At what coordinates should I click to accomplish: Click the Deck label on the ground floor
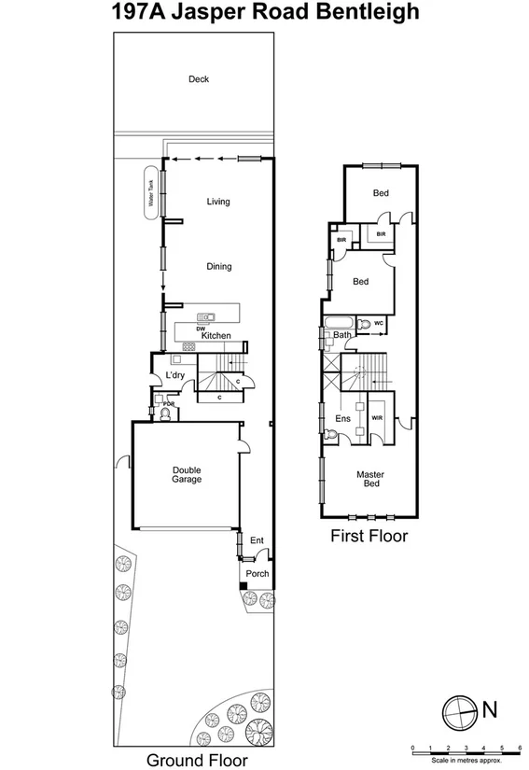coord(198,79)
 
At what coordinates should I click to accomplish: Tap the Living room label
coord(218,202)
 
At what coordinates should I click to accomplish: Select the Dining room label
coord(219,267)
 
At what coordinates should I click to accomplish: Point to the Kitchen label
coord(216,336)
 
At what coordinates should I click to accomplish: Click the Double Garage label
coord(186,475)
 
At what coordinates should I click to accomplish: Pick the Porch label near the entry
coord(257,574)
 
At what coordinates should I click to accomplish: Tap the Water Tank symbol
coord(148,196)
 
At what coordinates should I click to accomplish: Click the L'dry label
coord(174,376)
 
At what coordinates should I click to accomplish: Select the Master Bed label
coord(370,480)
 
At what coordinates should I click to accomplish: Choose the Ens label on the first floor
coord(342,419)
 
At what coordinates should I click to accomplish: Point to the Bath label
coord(342,334)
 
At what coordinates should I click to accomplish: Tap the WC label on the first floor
coord(379,324)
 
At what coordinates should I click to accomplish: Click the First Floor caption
coord(369,537)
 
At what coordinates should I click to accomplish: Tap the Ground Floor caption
coord(197,760)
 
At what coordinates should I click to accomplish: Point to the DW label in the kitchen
coord(201,329)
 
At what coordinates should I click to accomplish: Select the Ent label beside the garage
coord(257,540)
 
